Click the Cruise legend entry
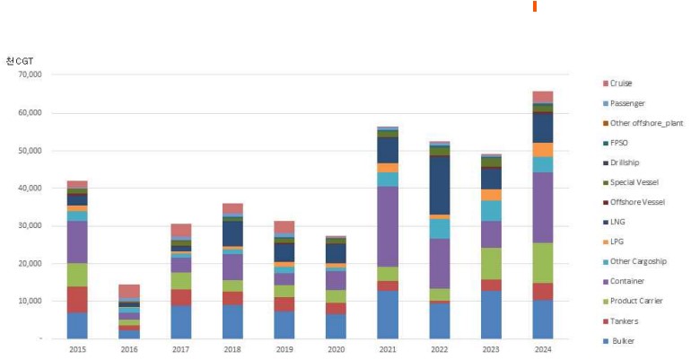(x=620, y=83)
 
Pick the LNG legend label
(x=617, y=222)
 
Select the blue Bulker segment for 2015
(x=77, y=325)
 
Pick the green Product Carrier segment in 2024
(x=543, y=262)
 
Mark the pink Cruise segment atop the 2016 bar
(x=129, y=290)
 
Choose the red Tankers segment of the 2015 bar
(x=77, y=299)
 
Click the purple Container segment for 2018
(x=232, y=267)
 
